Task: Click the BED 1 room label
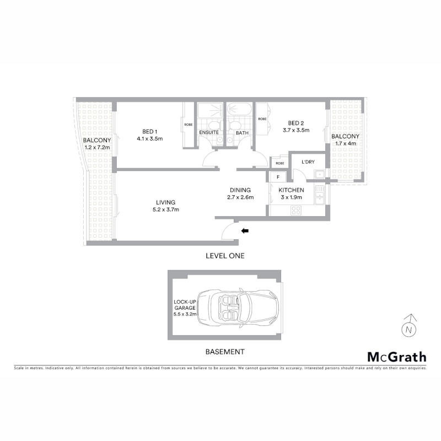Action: [x=149, y=131]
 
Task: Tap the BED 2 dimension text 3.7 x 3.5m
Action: [x=296, y=130]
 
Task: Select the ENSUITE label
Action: [x=209, y=132]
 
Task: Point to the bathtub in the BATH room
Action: [x=239, y=110]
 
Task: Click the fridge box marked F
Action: [x=278, y=177]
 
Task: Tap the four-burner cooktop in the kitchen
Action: [x=296, y=211]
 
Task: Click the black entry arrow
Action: [x=245, y=231]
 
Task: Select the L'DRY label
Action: [x=308, y=162]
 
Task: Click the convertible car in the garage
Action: [x=238, y=308]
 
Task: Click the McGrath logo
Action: [x=397, y=357]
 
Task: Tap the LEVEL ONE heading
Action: [x=225, y=256]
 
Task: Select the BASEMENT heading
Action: [x=225, y=352]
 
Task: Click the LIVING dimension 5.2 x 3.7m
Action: [x=166, y=209]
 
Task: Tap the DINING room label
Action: [x=240, y=190]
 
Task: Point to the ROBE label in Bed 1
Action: [x=189, y=125]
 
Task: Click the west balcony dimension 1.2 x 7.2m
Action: [x=98, y=147]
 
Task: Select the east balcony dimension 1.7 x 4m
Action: [x=346, y=143]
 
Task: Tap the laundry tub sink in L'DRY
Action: [x=320, y=174]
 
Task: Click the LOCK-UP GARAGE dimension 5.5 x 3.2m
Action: [x=185, y=314]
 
